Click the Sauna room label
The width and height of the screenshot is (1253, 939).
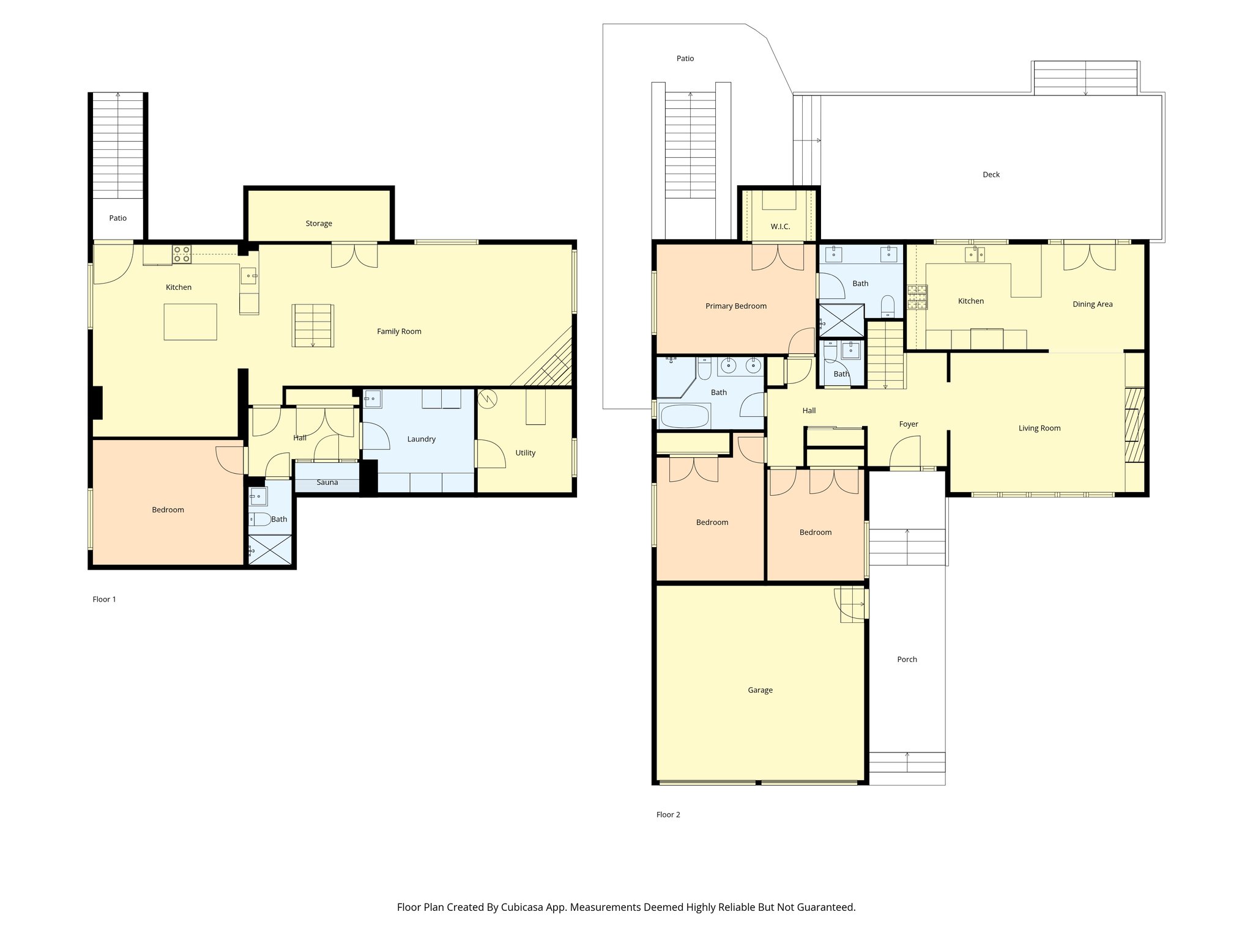(x=327, y=482)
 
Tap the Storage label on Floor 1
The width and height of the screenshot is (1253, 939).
(x=319, y=224)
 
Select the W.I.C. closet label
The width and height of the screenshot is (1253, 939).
(x=780, y=227)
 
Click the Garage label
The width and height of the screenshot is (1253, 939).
(x=760, y=690)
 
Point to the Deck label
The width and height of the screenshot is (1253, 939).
(x=991, y=175)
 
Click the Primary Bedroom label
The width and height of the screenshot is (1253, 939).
(x=736, y=306)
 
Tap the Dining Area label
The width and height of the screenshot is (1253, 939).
(x=1093, y=304)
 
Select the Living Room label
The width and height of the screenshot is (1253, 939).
(x=1039, y=429)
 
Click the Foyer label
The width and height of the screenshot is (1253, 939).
(x=909, y=424)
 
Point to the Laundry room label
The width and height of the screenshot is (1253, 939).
(x=422, y=440)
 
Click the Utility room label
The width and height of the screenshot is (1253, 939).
(x=526, y=453)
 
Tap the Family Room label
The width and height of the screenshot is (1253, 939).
(x=399, y=332)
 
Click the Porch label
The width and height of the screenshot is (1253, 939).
(x=907, y=660)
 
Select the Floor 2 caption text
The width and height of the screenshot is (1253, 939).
(x=668, y=815)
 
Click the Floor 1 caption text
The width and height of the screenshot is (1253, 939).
(x=104, y=600)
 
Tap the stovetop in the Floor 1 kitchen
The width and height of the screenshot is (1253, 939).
(x=182, y=254)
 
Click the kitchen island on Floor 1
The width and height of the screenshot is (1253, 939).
(x=190, y=322)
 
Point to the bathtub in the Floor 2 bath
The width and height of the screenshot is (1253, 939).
(x=685, y=416)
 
